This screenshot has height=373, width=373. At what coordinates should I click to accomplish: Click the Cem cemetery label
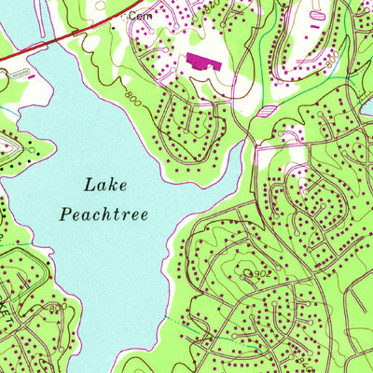coord(139,16)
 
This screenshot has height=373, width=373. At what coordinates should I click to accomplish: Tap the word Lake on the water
coord(104,184)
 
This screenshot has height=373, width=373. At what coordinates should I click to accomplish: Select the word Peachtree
coord(104,214)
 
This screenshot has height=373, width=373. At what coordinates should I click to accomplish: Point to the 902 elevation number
coord(268,274)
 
